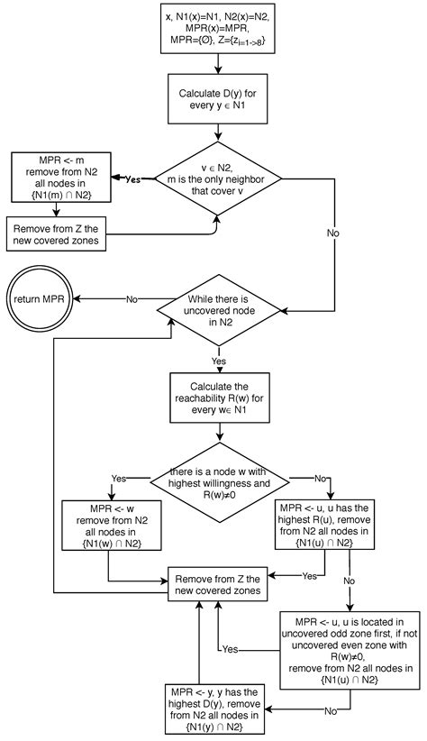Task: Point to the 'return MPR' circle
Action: (x=39, y=298)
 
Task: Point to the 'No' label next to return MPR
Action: (x=131, y=298)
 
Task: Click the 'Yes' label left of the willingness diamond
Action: (x=118, y=478)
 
